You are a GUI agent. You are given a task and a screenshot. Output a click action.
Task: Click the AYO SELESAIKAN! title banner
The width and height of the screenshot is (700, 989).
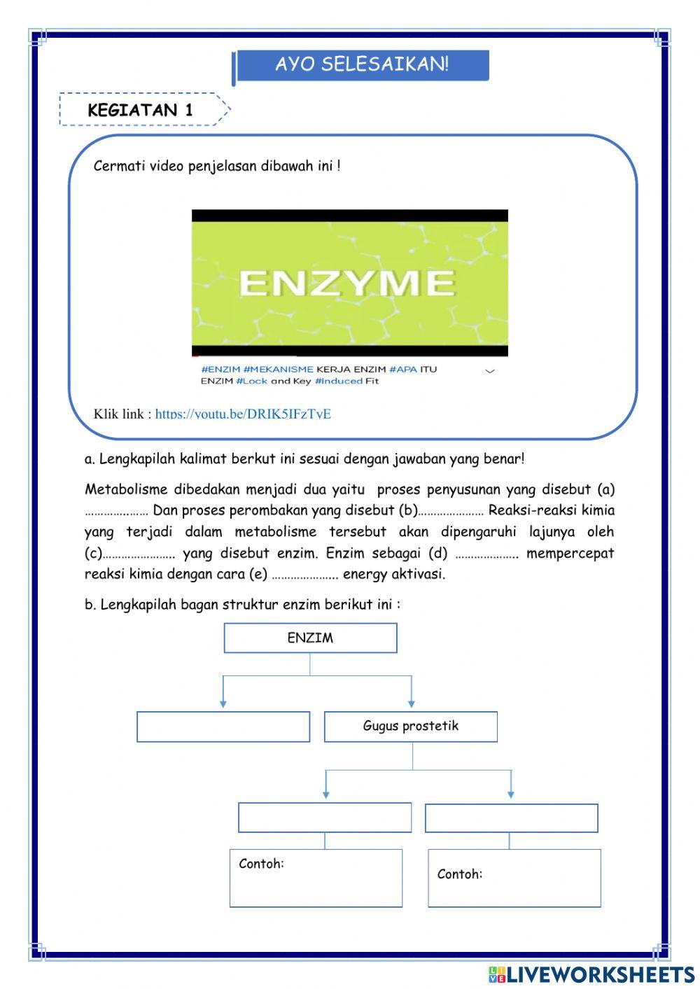(x=361, y=65)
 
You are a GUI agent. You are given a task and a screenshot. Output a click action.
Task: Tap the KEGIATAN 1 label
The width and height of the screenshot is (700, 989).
(x=140, y=110)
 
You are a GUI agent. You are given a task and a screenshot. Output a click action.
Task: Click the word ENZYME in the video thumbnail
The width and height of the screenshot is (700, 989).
(x=347, y=283)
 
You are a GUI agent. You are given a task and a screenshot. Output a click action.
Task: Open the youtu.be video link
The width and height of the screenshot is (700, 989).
(x=243, y=414)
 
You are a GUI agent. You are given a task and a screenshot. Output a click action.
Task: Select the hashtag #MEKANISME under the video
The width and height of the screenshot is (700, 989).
(x=278, y=369)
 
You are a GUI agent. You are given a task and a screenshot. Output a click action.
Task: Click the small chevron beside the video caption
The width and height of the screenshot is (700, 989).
(x=490, y=371)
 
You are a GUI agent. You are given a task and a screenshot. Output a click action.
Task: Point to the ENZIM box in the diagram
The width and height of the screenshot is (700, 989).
(x=310, y=638)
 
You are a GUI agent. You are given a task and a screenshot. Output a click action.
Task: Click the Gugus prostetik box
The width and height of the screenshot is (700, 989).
(x=410, y=726)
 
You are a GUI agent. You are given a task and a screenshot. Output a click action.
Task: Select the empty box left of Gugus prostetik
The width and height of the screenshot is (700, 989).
(x=223, y=727)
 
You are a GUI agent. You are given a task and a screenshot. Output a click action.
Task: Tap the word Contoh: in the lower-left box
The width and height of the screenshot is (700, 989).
(x=261, y=864)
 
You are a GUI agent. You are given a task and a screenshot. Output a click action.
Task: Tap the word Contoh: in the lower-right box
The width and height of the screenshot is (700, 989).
(x=459, y=874)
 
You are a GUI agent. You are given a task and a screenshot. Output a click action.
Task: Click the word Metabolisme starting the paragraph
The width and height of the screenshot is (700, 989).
(x=125, y=489)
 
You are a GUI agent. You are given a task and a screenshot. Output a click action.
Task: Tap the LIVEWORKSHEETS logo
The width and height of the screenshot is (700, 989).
(x=591, y=974)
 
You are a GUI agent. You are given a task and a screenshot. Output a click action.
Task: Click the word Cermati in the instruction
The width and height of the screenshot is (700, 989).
(x=119, y=167)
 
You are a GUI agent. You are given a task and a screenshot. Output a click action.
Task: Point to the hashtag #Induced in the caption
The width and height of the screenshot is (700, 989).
(x=338, y=381)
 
